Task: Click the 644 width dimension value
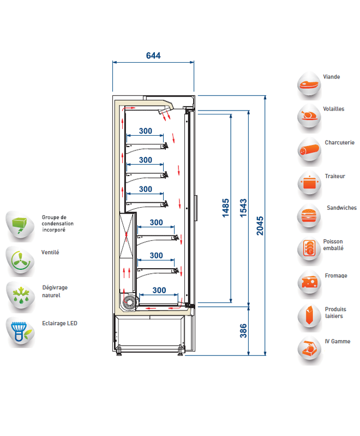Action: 153,56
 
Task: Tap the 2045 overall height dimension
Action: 260,226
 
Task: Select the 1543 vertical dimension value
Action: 243,208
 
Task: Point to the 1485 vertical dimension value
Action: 226,208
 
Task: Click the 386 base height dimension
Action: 243,331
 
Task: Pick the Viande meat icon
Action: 309,85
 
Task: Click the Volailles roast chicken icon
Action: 309,116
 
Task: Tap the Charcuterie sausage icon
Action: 309,150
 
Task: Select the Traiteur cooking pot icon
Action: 309,184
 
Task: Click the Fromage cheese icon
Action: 309,283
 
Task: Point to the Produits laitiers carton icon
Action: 309,316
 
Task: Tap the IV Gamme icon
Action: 309,349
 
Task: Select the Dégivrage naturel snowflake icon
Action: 21,296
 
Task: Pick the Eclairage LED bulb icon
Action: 20,331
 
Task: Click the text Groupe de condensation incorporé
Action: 58,223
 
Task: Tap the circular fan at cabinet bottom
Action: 129,302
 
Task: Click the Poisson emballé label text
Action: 333,245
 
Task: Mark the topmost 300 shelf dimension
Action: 145,131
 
